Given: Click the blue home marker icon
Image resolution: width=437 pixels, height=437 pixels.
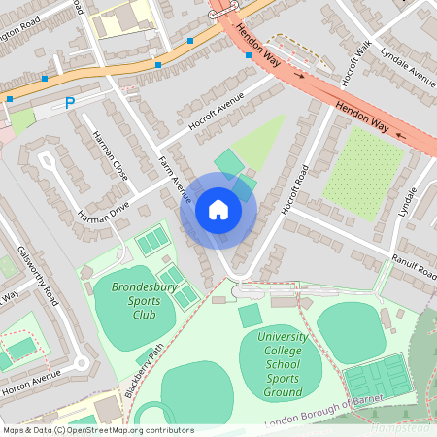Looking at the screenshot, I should pyautogui.click(x=218, y=209).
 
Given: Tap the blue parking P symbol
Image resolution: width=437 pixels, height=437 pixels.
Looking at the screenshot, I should pyautogui.click(x=69, y=102).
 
